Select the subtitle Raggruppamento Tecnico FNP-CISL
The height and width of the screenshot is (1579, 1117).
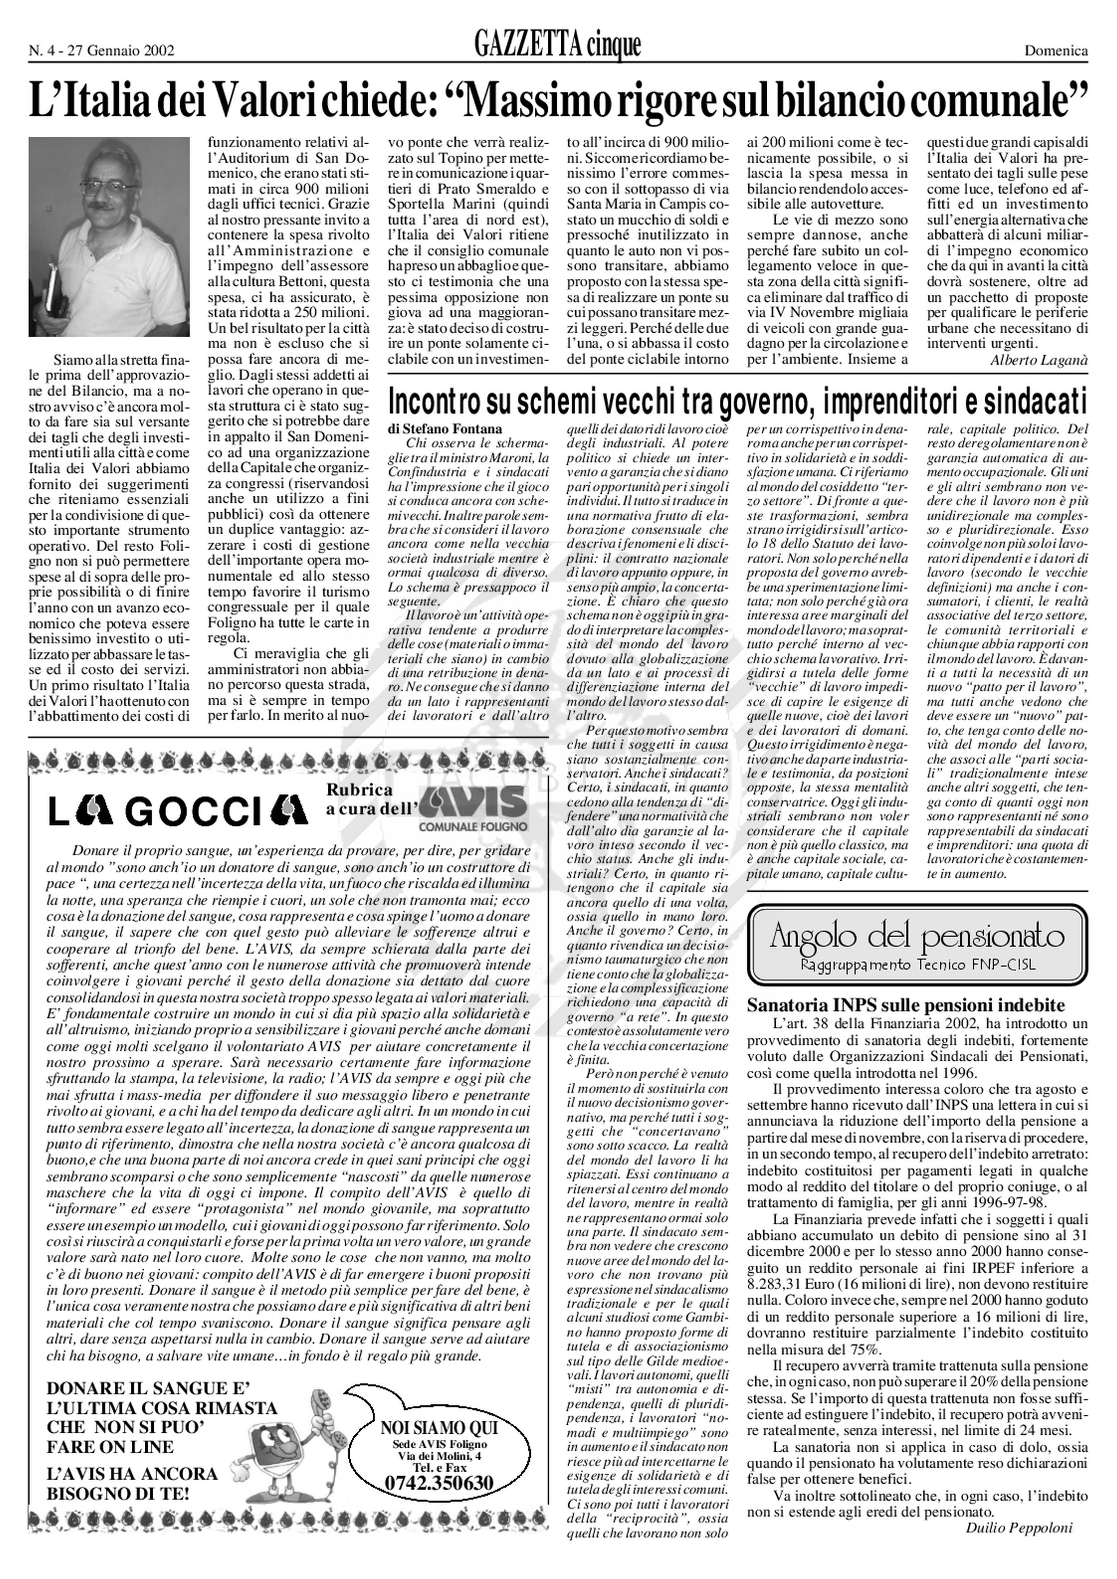918,966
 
